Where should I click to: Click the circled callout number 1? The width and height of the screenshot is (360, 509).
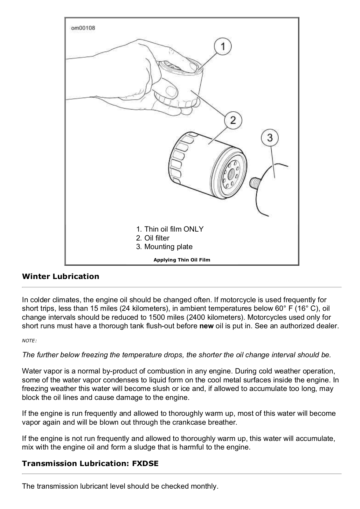[x=223, y=47]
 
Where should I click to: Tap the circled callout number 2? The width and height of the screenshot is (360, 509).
[x=233, y=120]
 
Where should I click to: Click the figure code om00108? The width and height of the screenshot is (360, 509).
[x=83, y=28]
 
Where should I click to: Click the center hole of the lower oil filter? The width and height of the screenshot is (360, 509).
[x=231, y=175]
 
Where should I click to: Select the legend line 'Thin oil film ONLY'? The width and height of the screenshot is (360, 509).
[x=170, y=229]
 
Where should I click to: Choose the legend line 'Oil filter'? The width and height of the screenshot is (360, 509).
[x=153, y=238]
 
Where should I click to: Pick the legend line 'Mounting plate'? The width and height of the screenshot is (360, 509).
[x=164, y=247]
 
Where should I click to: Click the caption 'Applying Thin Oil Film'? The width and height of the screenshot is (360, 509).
[x=182, y=260]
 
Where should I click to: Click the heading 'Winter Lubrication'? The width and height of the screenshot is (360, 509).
[x=60, y=276]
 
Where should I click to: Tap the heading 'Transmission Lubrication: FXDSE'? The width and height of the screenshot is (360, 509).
[x=90, y=463]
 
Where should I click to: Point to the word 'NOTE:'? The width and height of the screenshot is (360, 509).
[x=29, y=341]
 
